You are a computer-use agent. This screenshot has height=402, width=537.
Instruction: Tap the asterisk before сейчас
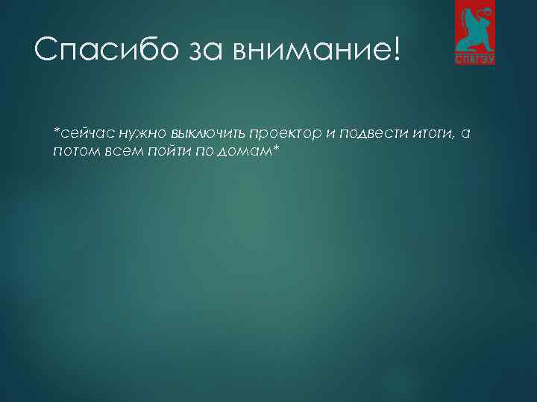[56, 131]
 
